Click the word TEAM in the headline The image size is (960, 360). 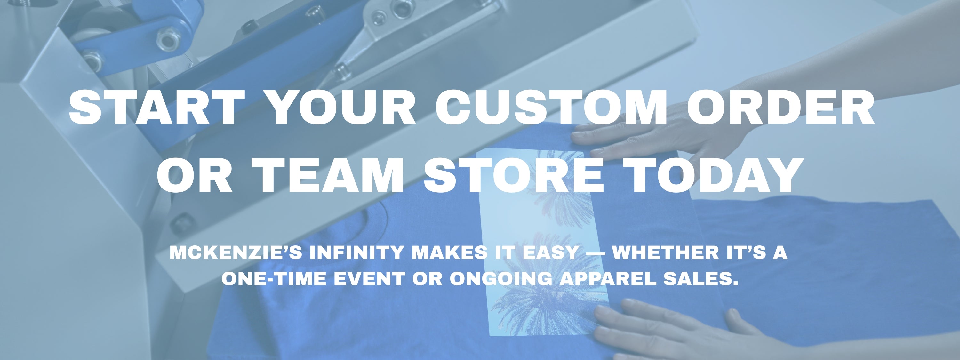click(x=328, y=174)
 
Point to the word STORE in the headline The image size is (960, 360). click(x=513, y=174)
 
